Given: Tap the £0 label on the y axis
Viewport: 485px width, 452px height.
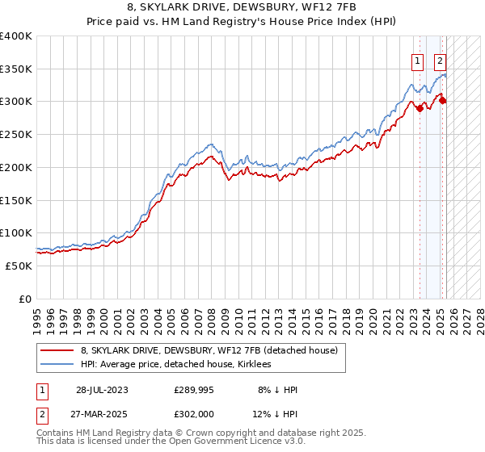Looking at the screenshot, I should [25, 299].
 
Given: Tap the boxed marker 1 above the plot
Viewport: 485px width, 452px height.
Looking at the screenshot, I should [417, 60].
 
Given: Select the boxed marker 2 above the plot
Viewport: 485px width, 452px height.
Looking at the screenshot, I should [440, 60].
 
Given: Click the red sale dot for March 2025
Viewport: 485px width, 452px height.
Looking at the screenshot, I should [443, 101].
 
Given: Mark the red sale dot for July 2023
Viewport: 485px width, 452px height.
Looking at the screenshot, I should [420, 109].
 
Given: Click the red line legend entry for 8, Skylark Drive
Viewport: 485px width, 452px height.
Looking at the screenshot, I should [202, 350].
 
